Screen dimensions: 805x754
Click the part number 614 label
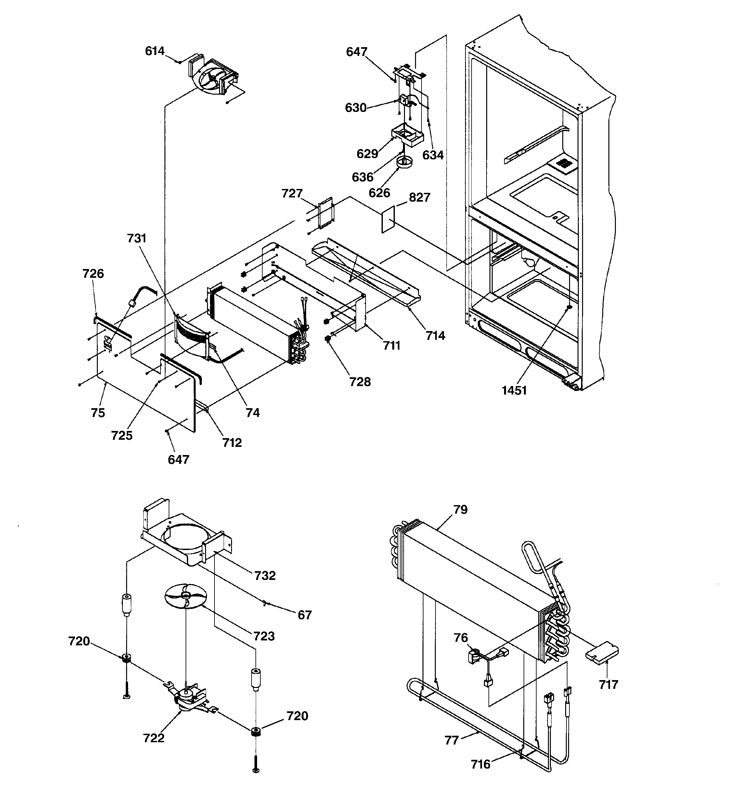pyautogui.click(x=155, y=51)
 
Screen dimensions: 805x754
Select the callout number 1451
pyautogui.click(x=514, y=390)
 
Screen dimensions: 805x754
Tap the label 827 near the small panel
pyautogui.click(x=419, y=198)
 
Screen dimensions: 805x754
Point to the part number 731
pyautogui.click(x=136, y=238)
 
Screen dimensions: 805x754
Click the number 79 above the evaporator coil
pyautogui.click(x=460, y=509)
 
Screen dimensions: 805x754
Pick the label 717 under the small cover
pyautogui.click(x=608, y=685)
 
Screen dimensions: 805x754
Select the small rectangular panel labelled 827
pyautogui.click(x=388, y=219)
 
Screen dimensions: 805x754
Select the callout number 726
pyautogui.click(x=93, y=274)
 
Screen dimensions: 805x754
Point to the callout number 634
pyautogui.click(x=433, y=155)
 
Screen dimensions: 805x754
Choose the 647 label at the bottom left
pyautogui.click(x=178, y=460)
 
